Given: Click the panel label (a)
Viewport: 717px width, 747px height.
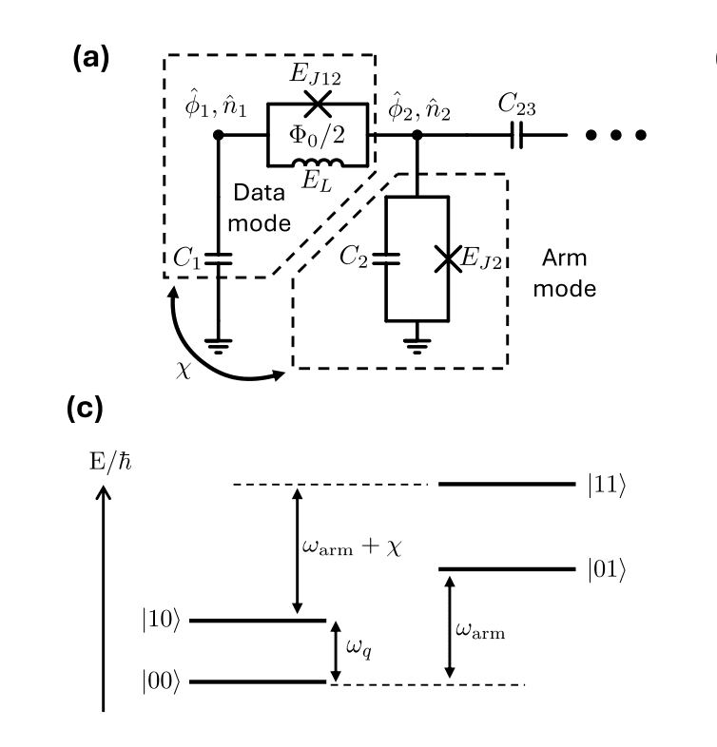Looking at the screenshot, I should click(x=91, y=58).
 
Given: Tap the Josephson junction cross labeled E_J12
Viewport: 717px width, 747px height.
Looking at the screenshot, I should click(x=319, y=103).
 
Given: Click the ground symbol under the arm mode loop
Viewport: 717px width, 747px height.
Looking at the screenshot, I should click(x=416, y=335).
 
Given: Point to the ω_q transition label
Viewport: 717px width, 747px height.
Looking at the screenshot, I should click(x=358, y=649).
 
